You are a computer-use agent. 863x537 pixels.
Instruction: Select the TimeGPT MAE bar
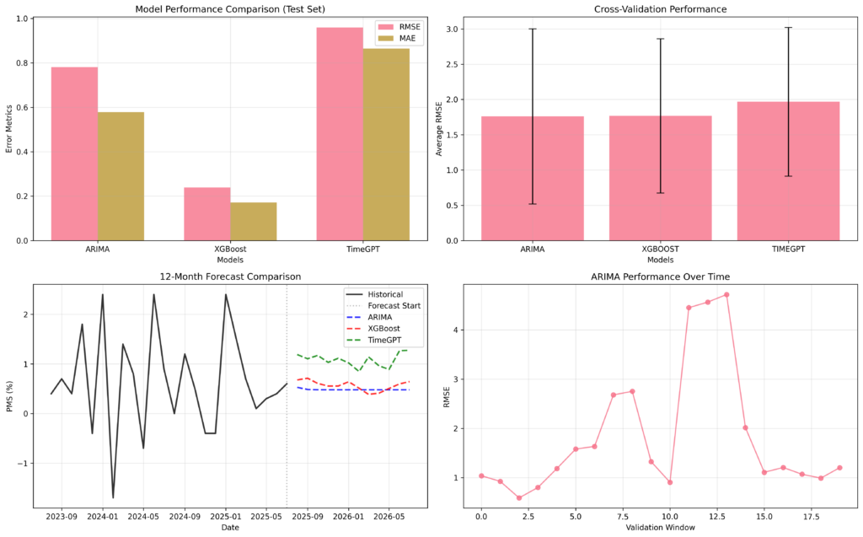click(386, 144)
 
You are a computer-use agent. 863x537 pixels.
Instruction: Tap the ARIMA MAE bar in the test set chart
click(121, 176)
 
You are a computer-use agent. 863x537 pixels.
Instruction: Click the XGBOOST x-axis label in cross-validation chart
click(660, 250)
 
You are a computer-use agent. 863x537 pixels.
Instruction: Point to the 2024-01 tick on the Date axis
click(103, 515)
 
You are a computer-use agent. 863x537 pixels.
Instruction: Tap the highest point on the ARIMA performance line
click(726, 295)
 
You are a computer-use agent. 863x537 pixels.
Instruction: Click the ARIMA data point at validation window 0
click(481, 475)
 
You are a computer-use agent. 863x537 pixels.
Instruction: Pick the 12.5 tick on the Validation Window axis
click(717, 515)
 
